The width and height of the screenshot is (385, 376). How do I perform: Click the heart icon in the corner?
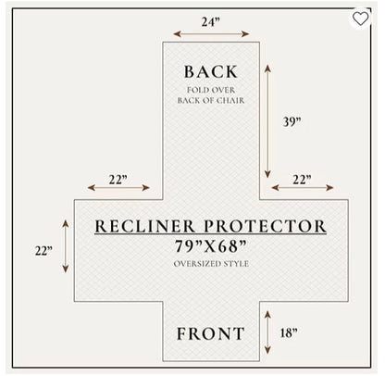[x=360, y=19]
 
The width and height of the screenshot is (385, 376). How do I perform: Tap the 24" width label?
[x=211, y=22]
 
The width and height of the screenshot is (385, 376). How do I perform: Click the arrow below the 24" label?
[x=211, y=34]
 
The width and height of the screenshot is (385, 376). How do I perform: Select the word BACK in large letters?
[x=211, y=72]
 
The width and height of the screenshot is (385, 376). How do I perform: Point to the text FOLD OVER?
[x=211, y=90]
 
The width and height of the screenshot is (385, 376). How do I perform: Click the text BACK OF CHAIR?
[x=211, y=100]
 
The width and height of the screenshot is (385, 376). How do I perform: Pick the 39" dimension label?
[x=292, y=121]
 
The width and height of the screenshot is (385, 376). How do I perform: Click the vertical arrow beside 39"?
[x=267, y=121]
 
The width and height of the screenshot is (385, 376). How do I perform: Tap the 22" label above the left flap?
[x=118, y=180]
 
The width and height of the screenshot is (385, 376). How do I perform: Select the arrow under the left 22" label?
[x=118, y=187]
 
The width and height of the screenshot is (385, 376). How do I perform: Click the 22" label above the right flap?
[x=302, y=180]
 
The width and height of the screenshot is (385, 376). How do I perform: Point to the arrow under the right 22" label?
[x=303, y=187]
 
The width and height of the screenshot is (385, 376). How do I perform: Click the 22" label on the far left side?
[x=43, y=251]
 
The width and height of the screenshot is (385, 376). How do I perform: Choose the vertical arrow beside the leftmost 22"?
[x=66, y=246]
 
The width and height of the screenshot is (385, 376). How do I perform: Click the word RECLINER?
[x=145, y=226]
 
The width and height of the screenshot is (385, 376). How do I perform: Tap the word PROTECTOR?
[x=265, y=226]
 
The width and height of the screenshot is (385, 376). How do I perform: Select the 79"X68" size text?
[x=211, y=246]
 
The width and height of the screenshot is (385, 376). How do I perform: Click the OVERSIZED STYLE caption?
[x=211, y=264]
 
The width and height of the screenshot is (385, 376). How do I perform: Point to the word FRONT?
[x=211, y=333]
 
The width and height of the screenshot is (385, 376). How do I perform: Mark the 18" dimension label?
[x=289, y=333]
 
